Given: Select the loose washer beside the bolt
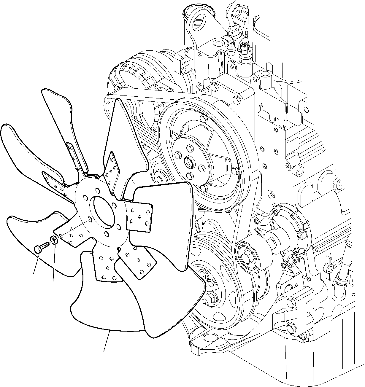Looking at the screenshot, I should tap(54, 239).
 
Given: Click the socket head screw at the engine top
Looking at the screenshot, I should tap(244, 46).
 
